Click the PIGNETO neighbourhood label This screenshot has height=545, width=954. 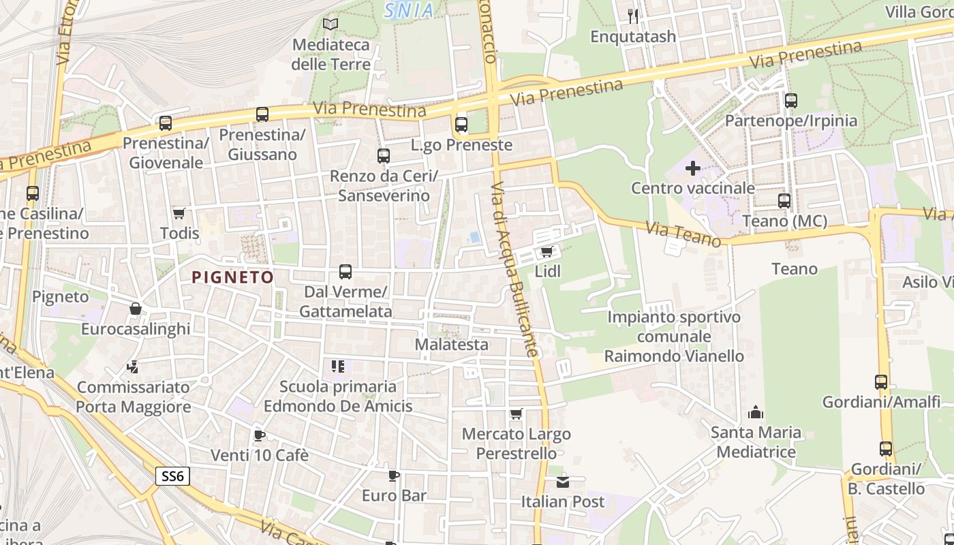click(232, 277)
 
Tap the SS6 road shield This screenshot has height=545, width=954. click(172, 476)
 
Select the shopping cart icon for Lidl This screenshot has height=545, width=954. click(547, 252)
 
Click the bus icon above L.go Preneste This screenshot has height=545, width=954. click(461, 125)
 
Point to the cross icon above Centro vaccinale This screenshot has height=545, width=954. click(692, 168)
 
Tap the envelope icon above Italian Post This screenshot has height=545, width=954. click(563, 482)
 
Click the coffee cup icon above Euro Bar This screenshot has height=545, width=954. click(393, 476)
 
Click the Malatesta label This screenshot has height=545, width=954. click(452, 345)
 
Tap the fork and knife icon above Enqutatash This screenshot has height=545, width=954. click(634, 16)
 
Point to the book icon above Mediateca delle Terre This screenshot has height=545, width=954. click(330, 25)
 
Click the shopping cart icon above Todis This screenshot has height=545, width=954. click(179, 213)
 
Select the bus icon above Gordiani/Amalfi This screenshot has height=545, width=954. click(881, 381)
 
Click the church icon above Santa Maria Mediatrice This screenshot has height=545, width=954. click(756, 412)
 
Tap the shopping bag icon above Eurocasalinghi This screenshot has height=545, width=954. click(136, 309)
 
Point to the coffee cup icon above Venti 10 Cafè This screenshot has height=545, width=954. click(259, 435)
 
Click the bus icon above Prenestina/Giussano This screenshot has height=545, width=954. click(262, 114)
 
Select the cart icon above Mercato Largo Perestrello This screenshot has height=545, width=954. click(517, 414)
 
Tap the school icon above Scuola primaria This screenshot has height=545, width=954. click(337, 367)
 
